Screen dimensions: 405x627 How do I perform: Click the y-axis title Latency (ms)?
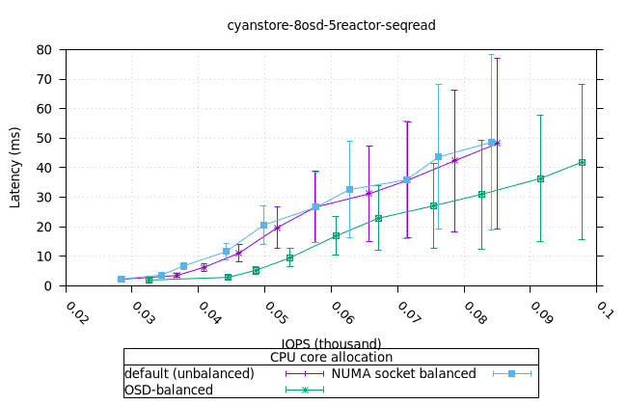[15, 167]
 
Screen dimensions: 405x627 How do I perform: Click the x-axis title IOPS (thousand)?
[331, 343]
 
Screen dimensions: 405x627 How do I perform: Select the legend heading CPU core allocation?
[331, 357]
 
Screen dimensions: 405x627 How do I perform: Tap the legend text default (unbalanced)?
[189, 373]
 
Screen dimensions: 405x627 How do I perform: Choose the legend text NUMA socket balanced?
[404, 373]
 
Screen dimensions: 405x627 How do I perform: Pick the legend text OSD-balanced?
[169, 390]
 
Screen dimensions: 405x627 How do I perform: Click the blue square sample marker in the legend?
[512, 373]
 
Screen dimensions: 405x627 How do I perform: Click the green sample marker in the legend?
[305, 390]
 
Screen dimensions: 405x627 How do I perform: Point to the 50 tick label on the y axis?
[44, 138]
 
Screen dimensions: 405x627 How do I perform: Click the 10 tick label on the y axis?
[44, 256]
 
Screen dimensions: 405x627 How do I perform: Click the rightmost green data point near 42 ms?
[582, 162]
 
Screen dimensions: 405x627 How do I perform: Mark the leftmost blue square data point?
[122, 280]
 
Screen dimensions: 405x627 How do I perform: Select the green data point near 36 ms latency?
[540, 178]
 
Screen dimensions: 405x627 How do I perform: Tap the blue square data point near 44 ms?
[438, 156]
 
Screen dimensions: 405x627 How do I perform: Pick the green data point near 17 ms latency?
[336, 235]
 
